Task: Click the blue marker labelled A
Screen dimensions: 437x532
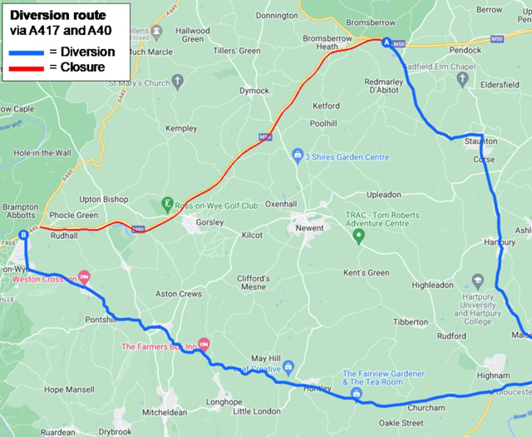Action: (x=386, y=42)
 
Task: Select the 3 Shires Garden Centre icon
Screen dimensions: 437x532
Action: (x=298, y=156)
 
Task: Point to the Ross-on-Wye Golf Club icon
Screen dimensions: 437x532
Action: (x=167, y=204)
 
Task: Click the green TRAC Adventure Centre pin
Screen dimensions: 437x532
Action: (x=359, y=236)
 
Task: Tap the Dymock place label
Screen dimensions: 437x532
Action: (x=254, y=90)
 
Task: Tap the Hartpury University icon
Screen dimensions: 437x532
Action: (x=477, y=281)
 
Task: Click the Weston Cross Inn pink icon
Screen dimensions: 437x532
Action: (x=84, y=278)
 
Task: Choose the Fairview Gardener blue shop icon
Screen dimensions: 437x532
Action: (x=356, y=393)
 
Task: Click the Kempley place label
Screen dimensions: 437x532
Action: (x=181, y=129)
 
